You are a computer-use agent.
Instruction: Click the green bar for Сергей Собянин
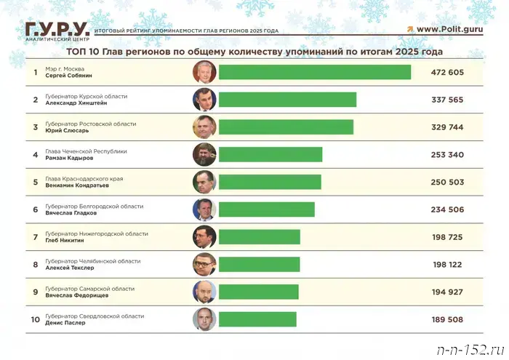pyautogui.click(x=314, y=72)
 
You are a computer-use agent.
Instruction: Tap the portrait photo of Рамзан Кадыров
pyautogui.click(x=204, y=154)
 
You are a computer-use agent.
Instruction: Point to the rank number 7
pyautogui.click(x=35, y=237)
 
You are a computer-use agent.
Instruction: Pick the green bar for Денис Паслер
pyautogui.click(x=257, y=319)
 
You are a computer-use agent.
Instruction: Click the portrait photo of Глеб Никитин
pyautogui.click(x=204, y=236)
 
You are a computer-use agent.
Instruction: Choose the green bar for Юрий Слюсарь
pyautogui.click(x=286, y=127)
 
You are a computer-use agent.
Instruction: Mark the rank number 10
pyautogui.click(x=35, y=319)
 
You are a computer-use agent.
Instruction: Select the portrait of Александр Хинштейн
pyautogui.click(x=204, y=100)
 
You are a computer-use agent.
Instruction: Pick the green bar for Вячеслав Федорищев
pyautogui.click(x=258, y=292)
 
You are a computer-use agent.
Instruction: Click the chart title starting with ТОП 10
pyautogui.click(x=254, y=52)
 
